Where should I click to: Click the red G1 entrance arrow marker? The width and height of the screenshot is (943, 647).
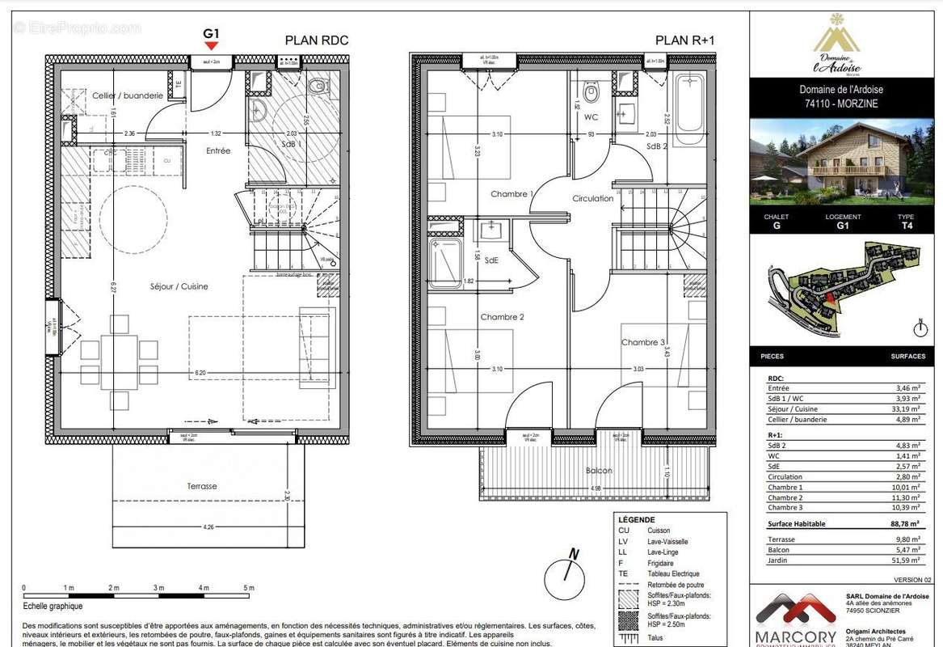tap(212, 46)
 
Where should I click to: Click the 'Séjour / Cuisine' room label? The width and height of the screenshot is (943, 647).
tap(179, 286)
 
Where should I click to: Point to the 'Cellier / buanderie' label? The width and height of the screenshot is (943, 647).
tap(127, 95)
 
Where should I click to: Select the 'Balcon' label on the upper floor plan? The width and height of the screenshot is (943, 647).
tap(599, 470)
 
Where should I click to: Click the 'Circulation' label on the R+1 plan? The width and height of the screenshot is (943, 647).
tap(593, 198)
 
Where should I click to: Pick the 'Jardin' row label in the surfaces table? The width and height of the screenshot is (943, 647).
tap(778, 560)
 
